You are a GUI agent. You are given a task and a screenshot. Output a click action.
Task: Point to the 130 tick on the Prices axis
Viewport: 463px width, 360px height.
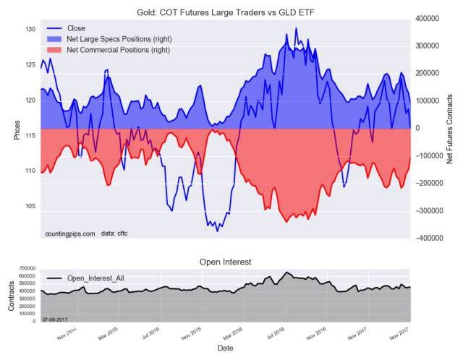coord(30,30)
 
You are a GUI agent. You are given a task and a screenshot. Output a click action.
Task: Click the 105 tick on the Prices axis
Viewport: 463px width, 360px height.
coord(30,207)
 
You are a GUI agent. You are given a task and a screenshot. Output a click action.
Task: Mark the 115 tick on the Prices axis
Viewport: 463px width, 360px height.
coord(30,136)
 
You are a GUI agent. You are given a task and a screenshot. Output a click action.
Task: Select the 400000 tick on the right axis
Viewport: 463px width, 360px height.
coord(431,18)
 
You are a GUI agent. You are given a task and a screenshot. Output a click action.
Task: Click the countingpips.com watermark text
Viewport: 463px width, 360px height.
coord(69,234)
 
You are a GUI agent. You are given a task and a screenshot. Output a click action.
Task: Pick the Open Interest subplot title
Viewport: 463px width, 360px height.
coord(225,261)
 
